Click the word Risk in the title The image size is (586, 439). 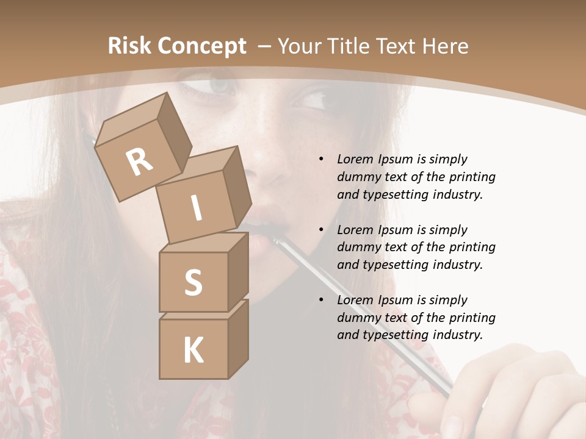[x=129, y=46]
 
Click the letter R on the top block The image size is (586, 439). [x=140, y=162]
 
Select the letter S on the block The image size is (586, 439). [x=193, y=283]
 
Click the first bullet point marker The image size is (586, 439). [x=321, y=159]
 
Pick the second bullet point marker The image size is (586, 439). [x=321, y=230]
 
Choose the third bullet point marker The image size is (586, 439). [x=321, y=300]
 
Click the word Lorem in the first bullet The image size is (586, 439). [x=355, y=159]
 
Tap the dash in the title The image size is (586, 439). [x=266, y=46]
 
